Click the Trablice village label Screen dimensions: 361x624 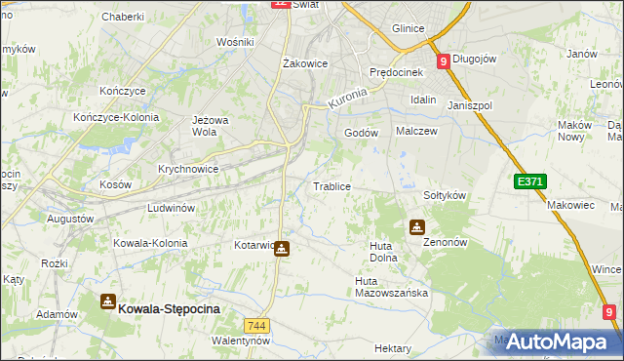tap(331, 186)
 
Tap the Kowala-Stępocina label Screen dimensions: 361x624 tap(170, 307)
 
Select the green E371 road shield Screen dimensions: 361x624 tap(530, 181)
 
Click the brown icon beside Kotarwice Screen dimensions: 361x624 tap(282, 249)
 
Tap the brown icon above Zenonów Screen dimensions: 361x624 tap(417, 228)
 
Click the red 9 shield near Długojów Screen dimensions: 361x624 tap(444, 60)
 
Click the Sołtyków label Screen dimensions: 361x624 tap(445, 195)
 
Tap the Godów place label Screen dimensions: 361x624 tap(361, 134)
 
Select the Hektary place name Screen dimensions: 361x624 tap(393, 348)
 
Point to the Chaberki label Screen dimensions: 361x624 tap(123, 17)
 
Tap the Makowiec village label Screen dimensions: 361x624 tap(570, 205)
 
